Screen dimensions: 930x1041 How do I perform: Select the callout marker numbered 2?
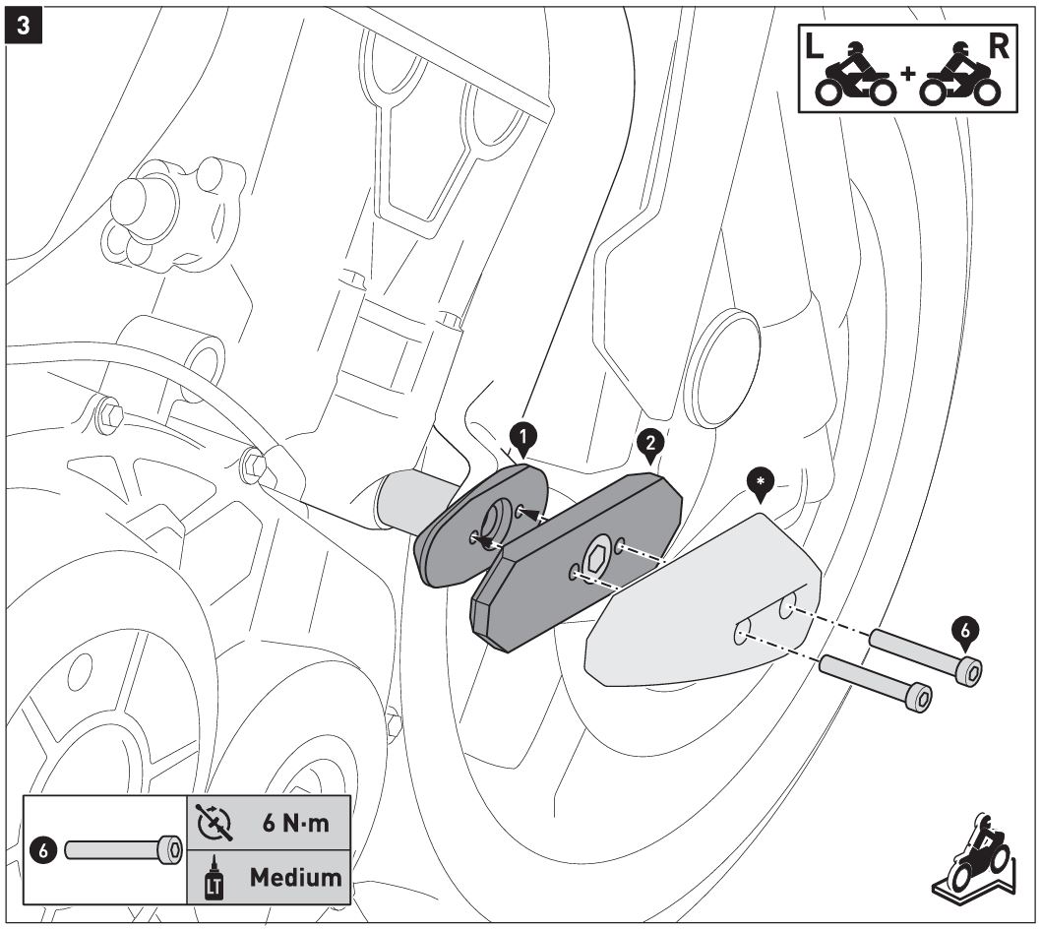pyautogui.click(x=648, y=445)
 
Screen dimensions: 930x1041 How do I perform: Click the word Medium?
pyautogui.click(x=294, y=875)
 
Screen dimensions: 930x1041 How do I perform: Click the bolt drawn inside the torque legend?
pyautogui.click(x=123, y=849)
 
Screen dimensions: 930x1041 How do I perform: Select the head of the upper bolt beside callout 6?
pyautogui.click(x=968, y=671)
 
